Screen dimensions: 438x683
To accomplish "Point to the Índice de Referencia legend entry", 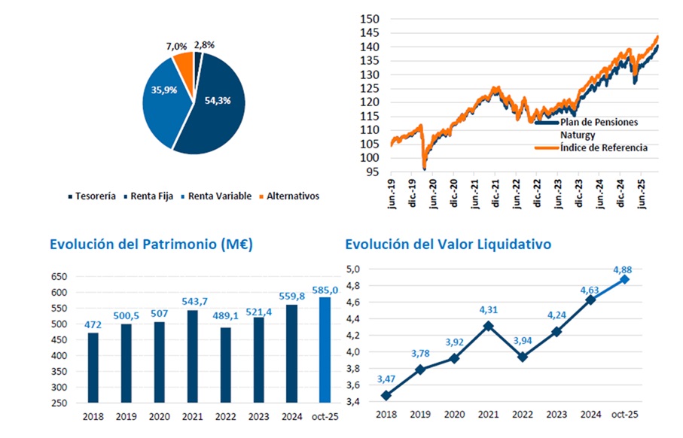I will [x=603, y=148].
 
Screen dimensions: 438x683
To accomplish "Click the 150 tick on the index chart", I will [x=369, y=19].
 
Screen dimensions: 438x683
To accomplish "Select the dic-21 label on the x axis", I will [x=497, y=195].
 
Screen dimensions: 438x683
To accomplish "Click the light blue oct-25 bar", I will [x=325, y=350].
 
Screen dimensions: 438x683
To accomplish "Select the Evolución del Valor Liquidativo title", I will [x=448, y=244].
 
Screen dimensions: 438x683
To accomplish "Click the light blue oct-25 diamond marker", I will [x=624, y=279].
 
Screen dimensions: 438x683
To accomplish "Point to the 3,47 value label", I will [x=385, y=379].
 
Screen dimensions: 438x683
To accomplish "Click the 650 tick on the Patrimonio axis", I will [x=59, y=277].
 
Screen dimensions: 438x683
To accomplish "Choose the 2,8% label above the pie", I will [x=204, y=45].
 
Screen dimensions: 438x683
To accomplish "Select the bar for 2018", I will [x=93, y=367].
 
